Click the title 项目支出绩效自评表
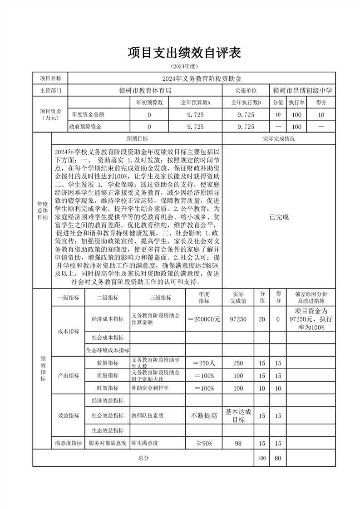coord(184,53)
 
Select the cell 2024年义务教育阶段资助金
coord(202,78)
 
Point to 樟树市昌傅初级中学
coord(303,90)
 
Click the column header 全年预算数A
coord(196,103)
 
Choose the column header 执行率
coord(296,103)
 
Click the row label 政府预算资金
coord(85,127)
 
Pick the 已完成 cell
coord(279,217)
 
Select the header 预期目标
coord(137,138)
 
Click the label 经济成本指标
coord(108,319)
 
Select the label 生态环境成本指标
coord(108,350)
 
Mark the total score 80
coord(278,458)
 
